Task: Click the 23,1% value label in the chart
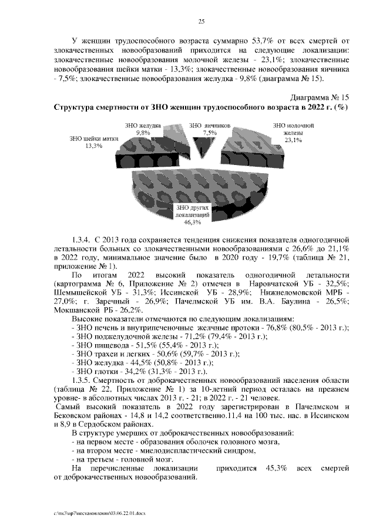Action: [x=293, y=140]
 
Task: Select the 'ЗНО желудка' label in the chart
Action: [x=143, y=126]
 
